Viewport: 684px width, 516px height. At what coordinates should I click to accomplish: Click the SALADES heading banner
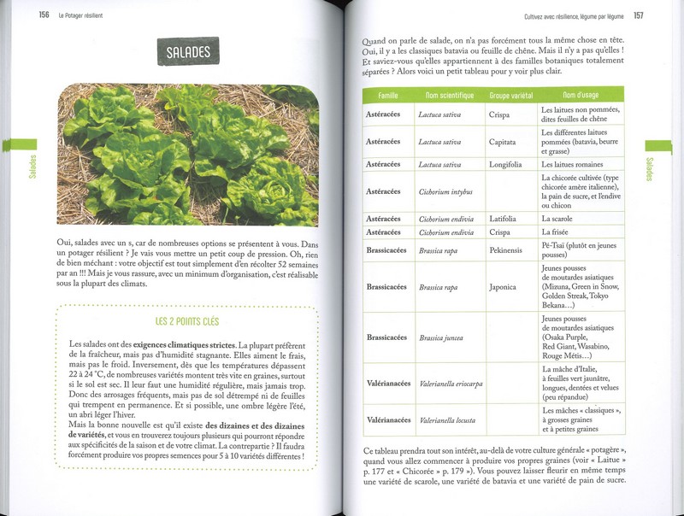(x=187, y=52)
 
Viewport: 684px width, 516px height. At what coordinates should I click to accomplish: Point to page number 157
(x=639, y=15)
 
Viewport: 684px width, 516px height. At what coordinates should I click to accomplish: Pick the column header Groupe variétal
(x=510, y=95)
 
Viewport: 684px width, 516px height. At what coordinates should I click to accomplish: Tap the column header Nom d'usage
(x=581, y=95)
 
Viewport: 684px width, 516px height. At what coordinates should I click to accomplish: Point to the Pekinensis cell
(x=505, y=251)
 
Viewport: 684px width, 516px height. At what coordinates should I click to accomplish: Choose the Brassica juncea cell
(x=442, y=337)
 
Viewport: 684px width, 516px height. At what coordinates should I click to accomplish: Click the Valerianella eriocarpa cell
(x=451, y=384)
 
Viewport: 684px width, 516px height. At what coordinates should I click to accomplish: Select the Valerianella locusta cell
(x=448, y=420)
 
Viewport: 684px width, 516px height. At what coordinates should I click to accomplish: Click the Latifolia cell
(x=503, y=219)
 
